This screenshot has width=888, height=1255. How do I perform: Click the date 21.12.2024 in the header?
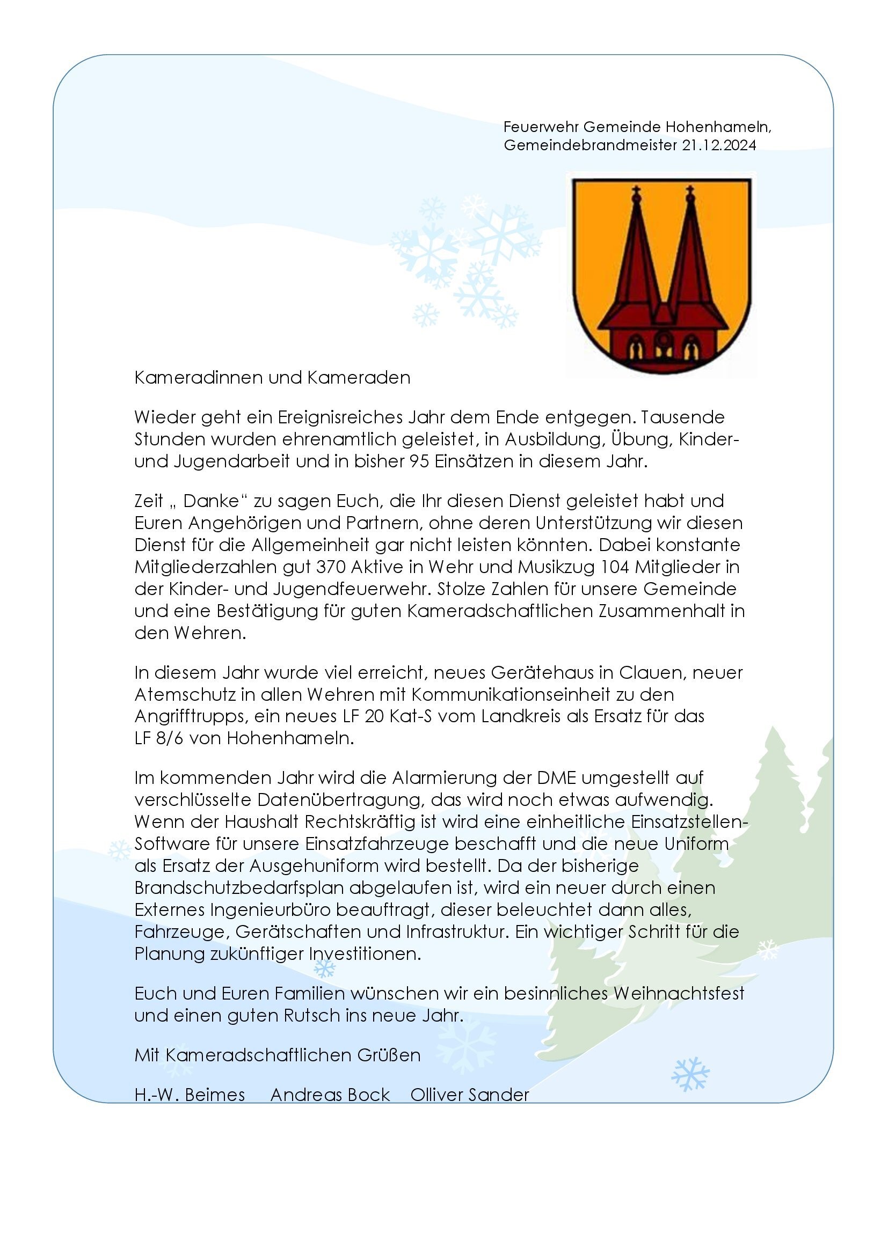coord(719,145)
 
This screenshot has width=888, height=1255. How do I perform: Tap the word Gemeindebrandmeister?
coord(591,145)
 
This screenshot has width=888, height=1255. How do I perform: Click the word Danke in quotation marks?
coord(211,501)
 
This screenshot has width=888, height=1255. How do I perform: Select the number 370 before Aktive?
coord(331,567)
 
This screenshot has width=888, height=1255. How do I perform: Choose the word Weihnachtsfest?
coord(679,993)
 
